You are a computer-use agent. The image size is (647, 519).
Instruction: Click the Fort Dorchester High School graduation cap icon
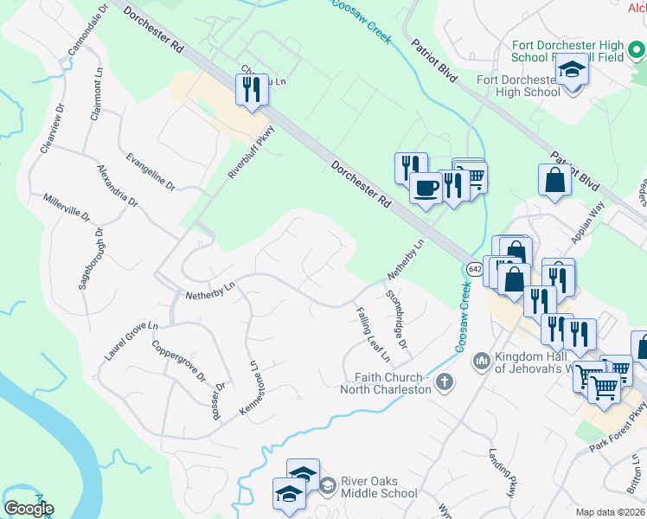click(571, 67)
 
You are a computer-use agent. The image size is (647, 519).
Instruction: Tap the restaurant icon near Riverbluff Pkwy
click(252, 89)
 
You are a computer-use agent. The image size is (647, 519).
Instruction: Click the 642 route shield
click(475, 268)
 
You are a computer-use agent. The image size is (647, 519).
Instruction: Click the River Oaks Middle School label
click(379, 487)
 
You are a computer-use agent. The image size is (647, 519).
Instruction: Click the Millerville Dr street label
click(67, 208)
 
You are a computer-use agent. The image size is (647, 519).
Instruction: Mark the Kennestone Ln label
click(245, 392)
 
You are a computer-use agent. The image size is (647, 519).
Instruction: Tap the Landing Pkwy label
click(501, 472)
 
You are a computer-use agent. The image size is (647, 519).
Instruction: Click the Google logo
click(29, 509)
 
